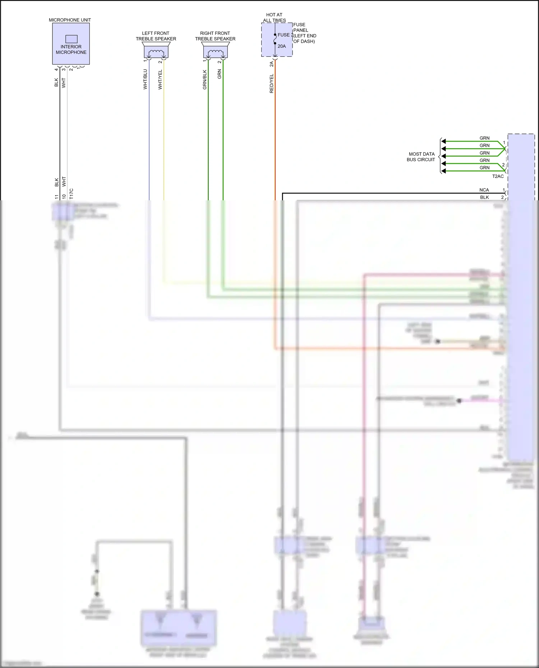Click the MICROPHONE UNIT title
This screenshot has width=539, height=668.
tap(70, 20)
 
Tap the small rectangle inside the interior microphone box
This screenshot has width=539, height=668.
tap(71, 39)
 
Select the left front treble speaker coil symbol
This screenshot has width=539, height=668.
tap(156, 52)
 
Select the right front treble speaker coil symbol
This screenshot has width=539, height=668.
tap(215, 52)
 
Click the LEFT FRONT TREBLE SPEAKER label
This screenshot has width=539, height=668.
tap(156, 36)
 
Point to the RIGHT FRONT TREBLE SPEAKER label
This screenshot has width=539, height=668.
tap(215, 36)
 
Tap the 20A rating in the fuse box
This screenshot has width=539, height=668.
tap(282, 46)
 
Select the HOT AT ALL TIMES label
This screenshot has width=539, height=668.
tap(274, 18)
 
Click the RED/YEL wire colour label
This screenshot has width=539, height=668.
tap(272, 84)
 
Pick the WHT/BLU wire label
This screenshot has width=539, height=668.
tap(145, 79)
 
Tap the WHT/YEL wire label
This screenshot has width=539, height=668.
tap(160, 79)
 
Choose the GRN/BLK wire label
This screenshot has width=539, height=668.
tap(205, 79)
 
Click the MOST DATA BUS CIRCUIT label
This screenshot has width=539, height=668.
tap(421, 157)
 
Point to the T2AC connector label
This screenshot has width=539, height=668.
tap(498, 176)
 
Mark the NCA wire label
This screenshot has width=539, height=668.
tap(484, 190)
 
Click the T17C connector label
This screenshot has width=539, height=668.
tap(71, 193)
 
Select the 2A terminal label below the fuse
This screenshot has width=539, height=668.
tap(272, 64)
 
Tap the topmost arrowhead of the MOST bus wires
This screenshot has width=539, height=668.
tap(444, 141)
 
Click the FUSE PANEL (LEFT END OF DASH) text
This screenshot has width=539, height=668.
tap(304, 33)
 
